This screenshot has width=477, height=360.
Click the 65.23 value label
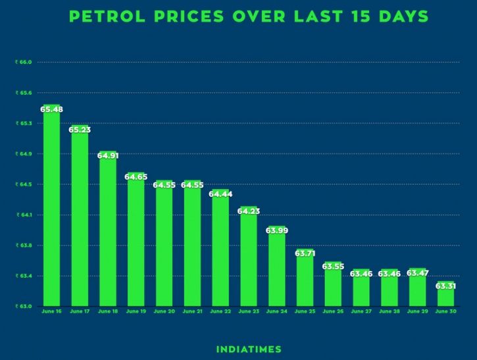click(x=80, y=130)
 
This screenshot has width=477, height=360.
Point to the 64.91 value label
click(x=108, y=156)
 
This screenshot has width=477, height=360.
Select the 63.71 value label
click(x=305, y=253)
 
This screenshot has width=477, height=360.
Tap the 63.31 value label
click(x=445, y=286)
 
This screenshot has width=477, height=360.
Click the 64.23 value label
click(x=249, y=211)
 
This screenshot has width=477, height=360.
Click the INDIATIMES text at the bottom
click(x=249, y=349)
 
